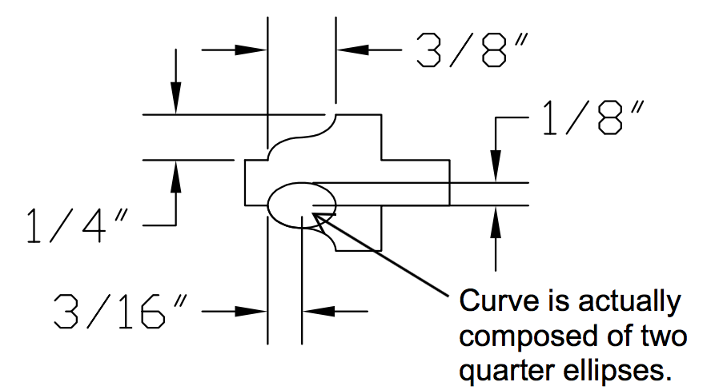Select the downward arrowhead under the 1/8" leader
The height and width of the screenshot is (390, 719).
(x=497, y=167)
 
